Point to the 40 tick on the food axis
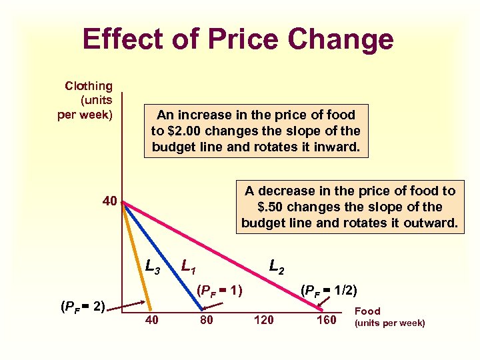[152, 320]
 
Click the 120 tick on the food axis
[264, 320]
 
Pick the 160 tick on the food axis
[327, 320]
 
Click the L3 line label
[153, 267]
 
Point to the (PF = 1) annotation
[219, 291]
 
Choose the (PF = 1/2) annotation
[329, 291]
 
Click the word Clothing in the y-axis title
[89, 86]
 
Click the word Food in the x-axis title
[367, 311]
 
